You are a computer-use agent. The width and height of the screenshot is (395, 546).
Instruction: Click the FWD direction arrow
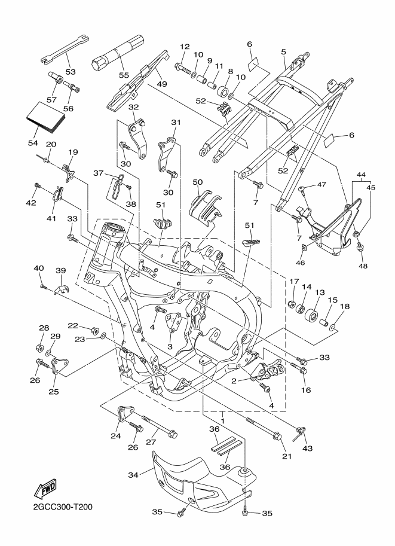pos(47,490)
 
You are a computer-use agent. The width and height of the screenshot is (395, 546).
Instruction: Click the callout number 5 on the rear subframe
pos(283,52)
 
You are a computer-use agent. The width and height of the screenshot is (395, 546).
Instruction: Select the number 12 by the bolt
pos(184,47)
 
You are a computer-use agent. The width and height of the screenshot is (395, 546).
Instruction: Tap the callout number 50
pos(198,181)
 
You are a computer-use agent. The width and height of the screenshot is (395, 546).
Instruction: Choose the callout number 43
pos(308,448)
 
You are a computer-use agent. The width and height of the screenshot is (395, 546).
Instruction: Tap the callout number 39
pos(60,270)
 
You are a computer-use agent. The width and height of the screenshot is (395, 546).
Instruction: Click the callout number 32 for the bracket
pos(133,107)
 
